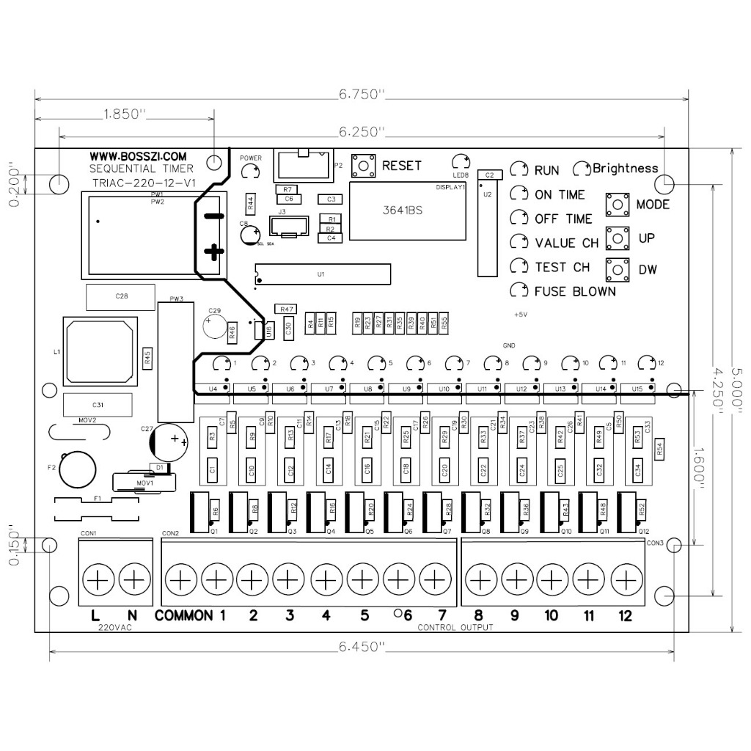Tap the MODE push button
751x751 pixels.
(x=618, y=204)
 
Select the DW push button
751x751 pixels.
(x=618, y=269)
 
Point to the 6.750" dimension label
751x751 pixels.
(x=362, y=95)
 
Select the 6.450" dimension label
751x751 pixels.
(x=362, y=647)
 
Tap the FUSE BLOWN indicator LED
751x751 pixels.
(x=519, y=290)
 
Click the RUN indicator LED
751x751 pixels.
(x=519, y=170)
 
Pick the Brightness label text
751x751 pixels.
(x=626, y=168)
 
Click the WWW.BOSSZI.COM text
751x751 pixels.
(x=139, y=156)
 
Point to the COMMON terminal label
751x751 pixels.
(x=183, y=615)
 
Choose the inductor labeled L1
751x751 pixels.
(x=99, y=351)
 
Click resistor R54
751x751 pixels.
(x=660, y=449)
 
